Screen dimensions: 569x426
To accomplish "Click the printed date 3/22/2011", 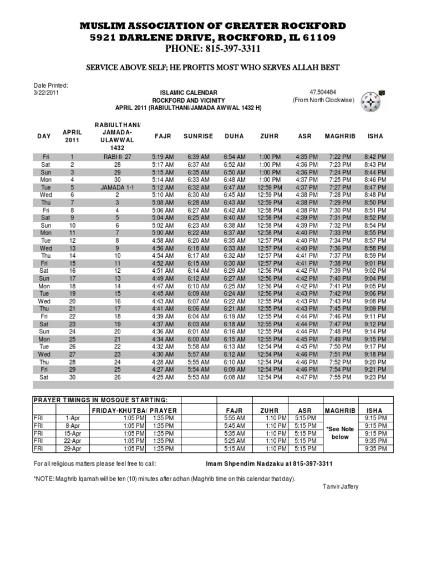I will click(46, 93).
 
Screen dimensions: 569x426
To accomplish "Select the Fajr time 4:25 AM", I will click(163, 377).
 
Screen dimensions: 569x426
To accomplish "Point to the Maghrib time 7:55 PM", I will click(339, 377).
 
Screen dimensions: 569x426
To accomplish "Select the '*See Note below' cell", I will click(339, 433).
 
